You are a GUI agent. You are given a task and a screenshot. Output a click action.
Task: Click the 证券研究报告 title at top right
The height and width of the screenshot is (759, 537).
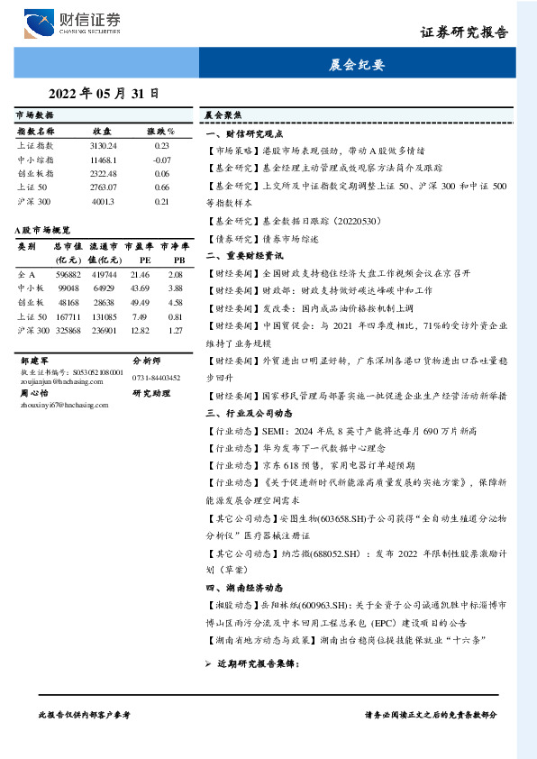click(x=464, y=32)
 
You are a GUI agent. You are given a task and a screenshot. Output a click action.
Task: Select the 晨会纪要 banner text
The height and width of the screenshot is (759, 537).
click(x=357, y=65)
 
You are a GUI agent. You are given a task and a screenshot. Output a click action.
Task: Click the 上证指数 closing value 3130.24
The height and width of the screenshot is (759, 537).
click(x=104, y=145)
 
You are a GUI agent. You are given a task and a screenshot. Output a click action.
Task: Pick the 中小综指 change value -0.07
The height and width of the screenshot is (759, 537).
click(x=161, y=160)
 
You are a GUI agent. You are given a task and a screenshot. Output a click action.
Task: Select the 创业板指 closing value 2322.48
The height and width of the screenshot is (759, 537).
click(x=104, y=174)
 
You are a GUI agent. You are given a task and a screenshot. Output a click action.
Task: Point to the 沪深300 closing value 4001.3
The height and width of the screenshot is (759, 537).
click(x=104, y=202)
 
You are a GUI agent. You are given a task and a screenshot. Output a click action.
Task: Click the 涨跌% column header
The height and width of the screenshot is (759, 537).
click(x=161, y=132)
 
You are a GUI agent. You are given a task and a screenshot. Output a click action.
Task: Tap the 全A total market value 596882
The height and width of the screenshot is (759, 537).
click(x=68, y=273)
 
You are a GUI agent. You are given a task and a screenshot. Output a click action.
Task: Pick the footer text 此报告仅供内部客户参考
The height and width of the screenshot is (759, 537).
click(x=85, y=714)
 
